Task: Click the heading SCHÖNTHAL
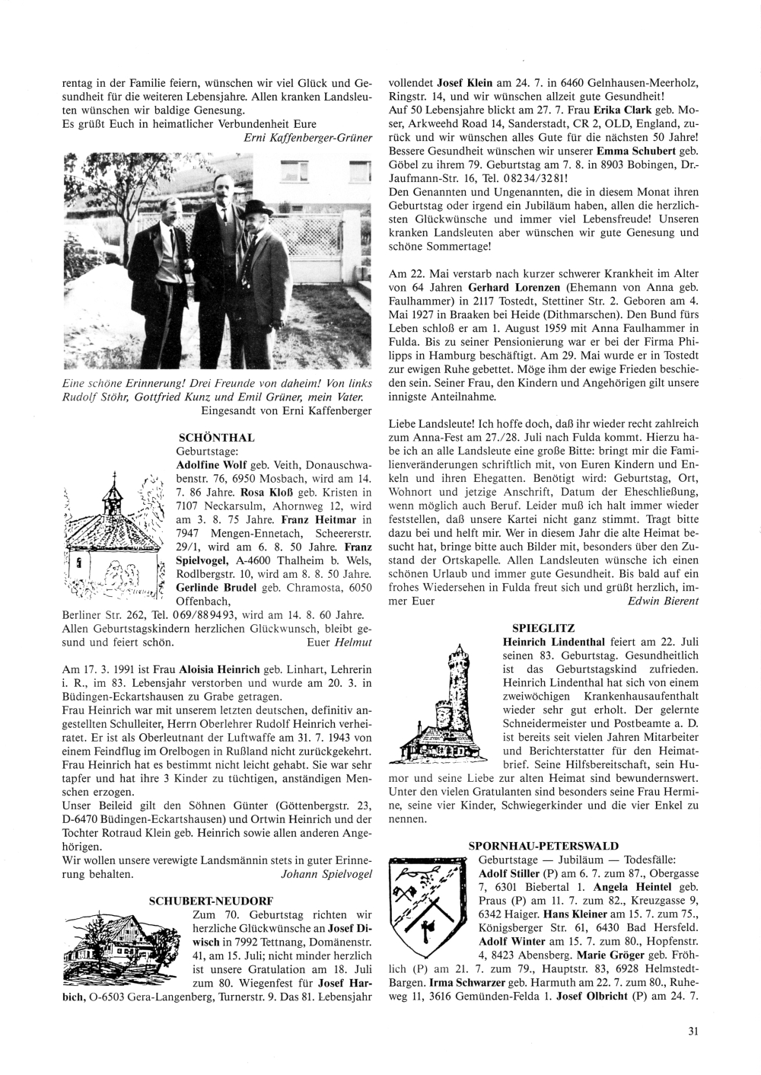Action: click(x=215, y=438)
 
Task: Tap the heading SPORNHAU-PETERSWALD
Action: click(x=543, y=846)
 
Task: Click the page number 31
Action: click(x=693, y=1032)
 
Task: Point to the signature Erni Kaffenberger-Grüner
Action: click(x=307, y=137)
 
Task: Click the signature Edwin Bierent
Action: click(x=663, y=601)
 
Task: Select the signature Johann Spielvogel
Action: click(x=326, y=874)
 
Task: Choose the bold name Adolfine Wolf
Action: click(x=209, y=464)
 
